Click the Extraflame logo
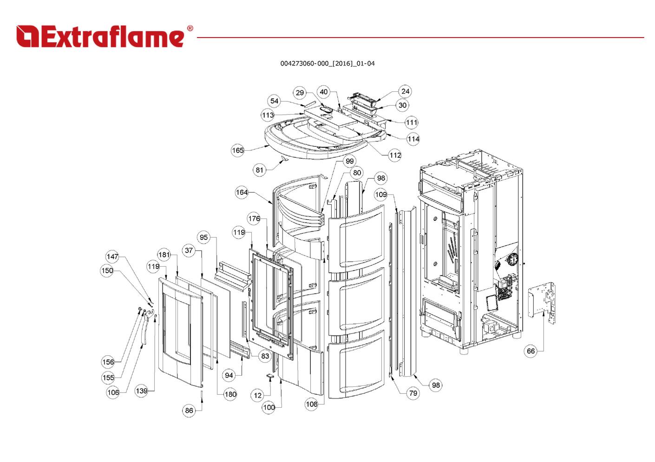[x=104, y=36]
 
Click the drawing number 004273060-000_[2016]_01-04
[x=327, y=64]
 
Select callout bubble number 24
[x=405, y=91]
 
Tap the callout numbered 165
[x=238, y=150]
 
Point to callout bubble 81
[x=260, y=170]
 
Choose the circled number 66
[x=531, y=351]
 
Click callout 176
[x=254, y=219]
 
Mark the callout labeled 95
[x=204, y=237]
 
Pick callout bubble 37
[x=189, y=250]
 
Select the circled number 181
[x=164, y=255]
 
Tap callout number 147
[x=112, y=257]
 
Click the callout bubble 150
[x=107, y=270]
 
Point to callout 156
[x=108, y=362]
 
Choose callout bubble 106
[x=113, y=392]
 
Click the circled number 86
[x=189, y=411]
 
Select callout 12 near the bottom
[x=258, y=396]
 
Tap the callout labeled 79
[x=413, y=393]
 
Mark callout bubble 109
[x=380, y=194]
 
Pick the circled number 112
[x=395, y=155]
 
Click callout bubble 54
[x=275, y=101]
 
